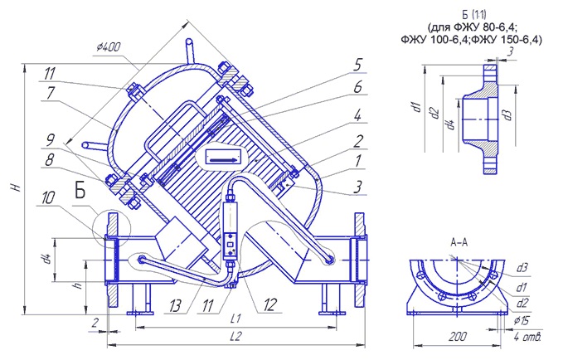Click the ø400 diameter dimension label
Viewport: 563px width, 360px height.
(109, 47)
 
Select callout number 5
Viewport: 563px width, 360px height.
(357, 65)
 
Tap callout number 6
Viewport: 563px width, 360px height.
(357, 86)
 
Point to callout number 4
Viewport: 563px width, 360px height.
(357, 115)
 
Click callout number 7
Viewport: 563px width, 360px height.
(51, 93)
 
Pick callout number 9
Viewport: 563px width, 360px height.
(51, 139)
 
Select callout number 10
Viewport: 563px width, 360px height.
(48, 197)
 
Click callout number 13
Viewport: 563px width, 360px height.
(176, 306)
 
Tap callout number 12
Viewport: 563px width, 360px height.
(269, 305)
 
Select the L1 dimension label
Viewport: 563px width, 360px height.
(236, 319)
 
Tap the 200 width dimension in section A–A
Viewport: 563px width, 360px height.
(458, 336)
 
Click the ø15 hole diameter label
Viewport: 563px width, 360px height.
(520, 321)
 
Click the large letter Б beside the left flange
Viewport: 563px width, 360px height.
(80, 190)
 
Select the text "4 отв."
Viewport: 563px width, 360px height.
(527, 337)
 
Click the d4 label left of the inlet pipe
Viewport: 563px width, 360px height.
(46, 259)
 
